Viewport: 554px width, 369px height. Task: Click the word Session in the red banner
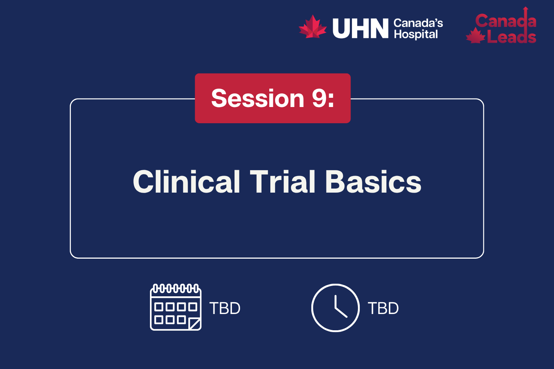[257, 99]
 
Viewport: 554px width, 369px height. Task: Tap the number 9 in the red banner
[319, 99]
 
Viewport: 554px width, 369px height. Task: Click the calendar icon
[176, 307]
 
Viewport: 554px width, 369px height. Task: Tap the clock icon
[335, 308]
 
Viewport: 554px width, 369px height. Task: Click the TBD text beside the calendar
[225, 308]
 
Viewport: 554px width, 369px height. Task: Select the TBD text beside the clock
[383, 308]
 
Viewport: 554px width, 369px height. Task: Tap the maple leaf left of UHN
[312, 27]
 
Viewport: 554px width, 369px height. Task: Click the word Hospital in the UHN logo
[415, 34]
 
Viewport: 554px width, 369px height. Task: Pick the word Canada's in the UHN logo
[418, 23]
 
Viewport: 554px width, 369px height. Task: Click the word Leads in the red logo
[511, 37]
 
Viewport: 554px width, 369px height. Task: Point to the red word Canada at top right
[505, 21]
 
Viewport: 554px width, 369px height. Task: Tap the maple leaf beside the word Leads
[475, 36]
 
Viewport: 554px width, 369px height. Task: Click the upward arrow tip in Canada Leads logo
[526, 8]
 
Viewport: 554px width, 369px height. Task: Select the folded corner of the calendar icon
[195, 324]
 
